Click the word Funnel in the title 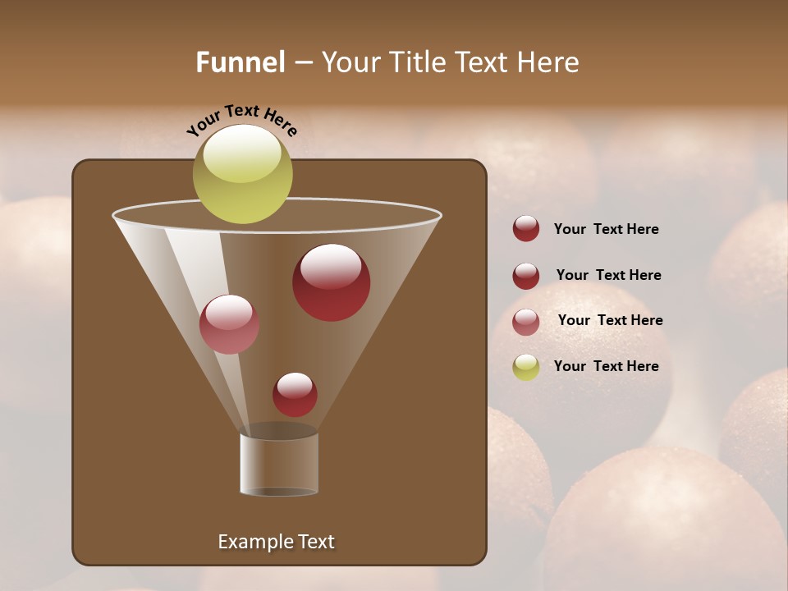[x=240, y=62]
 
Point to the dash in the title [x=302, y=62]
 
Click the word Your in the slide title [x=349, y=62]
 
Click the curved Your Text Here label [x=241, y=120]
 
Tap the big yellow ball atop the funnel [x=242, y=174]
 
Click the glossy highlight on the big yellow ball [x=242, y=153]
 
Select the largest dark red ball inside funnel [x=331, y=282]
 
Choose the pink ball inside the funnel [x=229, y=324]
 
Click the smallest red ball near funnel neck [x=295, y=395]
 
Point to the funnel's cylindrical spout [x=279, y=464]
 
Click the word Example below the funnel [x=253, y=542]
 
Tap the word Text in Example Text [x=316, y=542]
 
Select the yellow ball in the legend [x=526, y=367]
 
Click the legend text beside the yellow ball [x=606, y=366]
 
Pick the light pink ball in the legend [x=526, y=322]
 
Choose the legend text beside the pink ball [x=610, y=320]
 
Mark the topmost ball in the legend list [x=526, y=228]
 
